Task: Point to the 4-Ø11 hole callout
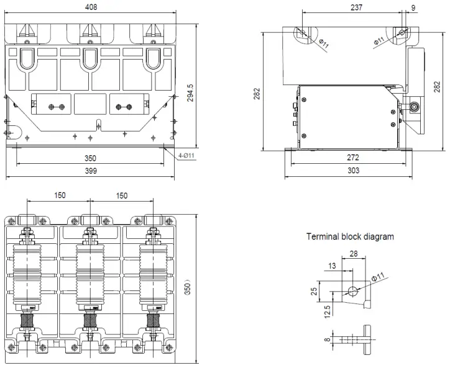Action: click(186, 155)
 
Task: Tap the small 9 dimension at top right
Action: click(413, 7)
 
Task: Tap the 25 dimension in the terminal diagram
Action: click(314, 291)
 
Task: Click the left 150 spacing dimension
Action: click(60, 195)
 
